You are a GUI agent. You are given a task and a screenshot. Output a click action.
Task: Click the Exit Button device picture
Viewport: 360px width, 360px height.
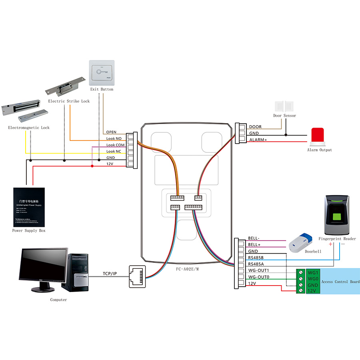point(101,72)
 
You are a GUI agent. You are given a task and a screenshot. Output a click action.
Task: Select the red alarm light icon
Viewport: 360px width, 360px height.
point(318,136)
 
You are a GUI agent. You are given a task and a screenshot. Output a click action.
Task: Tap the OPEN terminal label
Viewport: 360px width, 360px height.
point(111,132)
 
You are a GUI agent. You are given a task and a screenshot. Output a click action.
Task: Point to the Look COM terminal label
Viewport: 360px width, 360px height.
point(116,145)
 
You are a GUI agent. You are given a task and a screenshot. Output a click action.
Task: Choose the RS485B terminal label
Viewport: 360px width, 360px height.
point(256,257)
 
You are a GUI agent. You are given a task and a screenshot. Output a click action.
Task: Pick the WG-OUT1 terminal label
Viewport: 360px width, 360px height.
point(258,270)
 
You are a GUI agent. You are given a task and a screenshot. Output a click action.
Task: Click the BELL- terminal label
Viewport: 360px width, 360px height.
point(254,238)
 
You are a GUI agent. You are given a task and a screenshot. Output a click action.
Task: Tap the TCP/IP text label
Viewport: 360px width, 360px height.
point(110,274)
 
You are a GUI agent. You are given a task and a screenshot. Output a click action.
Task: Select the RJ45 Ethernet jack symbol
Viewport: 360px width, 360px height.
point(136,276)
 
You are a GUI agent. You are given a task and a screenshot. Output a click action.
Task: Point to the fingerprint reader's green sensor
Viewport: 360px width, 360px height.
point(337,218)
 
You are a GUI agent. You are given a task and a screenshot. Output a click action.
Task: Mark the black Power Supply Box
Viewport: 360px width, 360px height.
point(29,207)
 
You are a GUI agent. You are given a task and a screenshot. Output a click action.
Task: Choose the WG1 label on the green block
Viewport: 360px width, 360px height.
point(313,272)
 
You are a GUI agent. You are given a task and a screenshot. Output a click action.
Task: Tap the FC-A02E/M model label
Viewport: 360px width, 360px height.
point(187,269)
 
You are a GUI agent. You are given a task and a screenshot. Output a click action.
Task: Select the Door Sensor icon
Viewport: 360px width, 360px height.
point(284,106)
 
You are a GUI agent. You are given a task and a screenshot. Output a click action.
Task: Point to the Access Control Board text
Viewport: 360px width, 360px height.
point(341,282)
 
